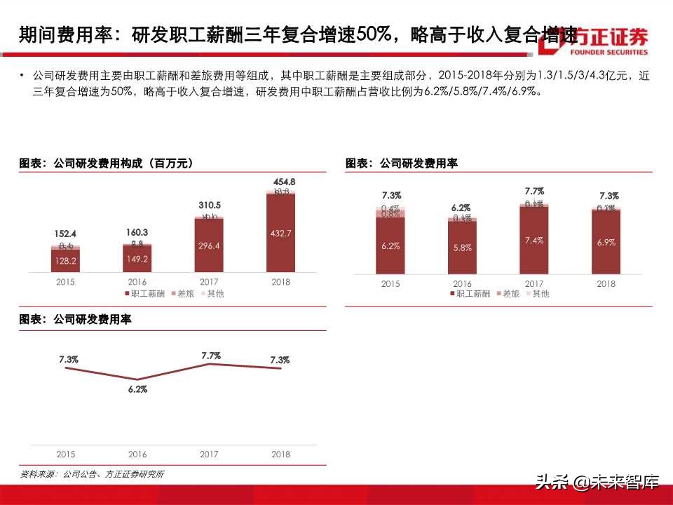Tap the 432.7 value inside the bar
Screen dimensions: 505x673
(x=281, y=233)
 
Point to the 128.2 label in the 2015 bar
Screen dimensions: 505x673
(x=65, y=260)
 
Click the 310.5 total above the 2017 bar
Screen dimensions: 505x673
(x=209, y=206)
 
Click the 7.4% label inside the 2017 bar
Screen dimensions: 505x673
(x=534, y=241)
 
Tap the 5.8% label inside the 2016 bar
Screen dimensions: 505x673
(x=462, y=248)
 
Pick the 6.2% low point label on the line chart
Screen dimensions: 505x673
(x=137, y=389)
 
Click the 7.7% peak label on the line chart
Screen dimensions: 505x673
(x=211, y=356)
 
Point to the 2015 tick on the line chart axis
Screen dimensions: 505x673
(x=65, y=454)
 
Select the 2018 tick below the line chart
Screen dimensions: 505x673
(x=281, y=454)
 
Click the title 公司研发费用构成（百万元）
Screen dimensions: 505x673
(x=106, y=163)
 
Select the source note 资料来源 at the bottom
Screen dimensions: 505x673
(x=92, y=474)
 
